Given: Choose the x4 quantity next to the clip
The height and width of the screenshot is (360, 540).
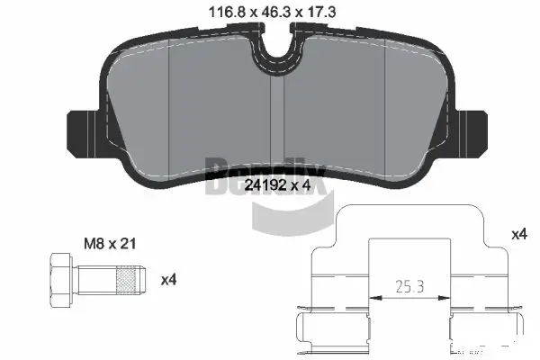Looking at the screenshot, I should pos(518,234).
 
